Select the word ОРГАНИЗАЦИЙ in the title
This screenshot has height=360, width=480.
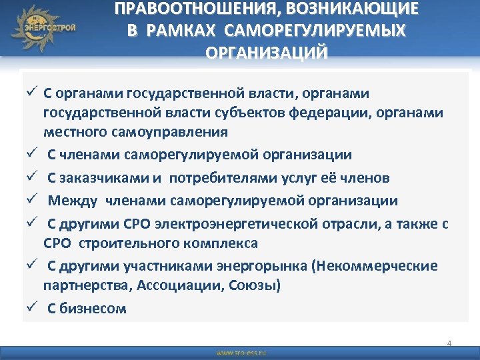click(267, 53)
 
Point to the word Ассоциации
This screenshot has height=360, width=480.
click(172, 287)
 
